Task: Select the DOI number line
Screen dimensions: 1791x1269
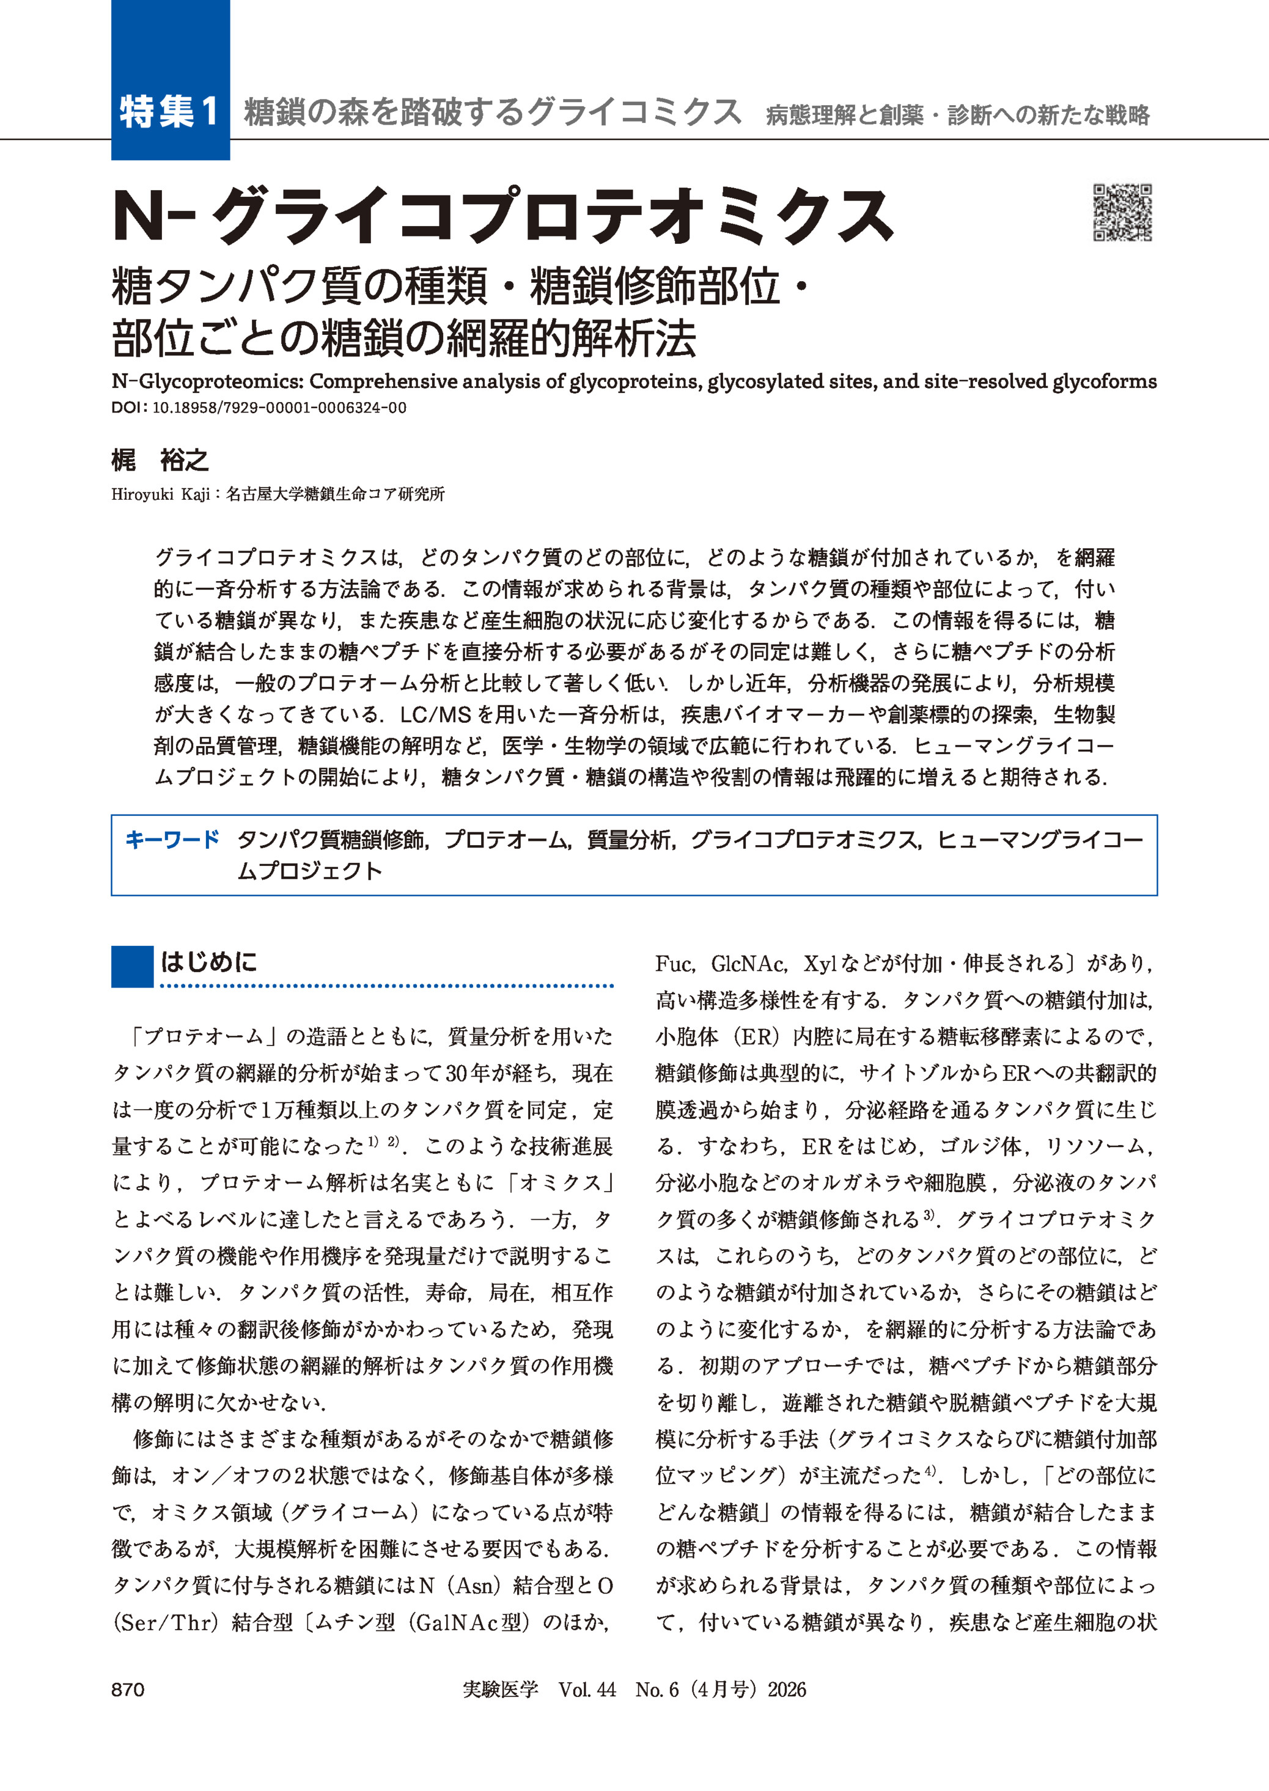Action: coord(259,408)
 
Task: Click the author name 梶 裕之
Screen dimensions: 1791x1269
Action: coord(160,461)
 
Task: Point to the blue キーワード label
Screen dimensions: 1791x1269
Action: coord(172,840)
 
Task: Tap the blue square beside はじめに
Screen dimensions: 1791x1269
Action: coord(132,966)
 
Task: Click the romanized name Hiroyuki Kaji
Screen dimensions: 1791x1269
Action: coord(160,494)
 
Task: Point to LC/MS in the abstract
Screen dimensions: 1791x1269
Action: coord(435,715)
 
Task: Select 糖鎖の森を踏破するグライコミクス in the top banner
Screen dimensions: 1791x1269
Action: coord(492,112)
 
